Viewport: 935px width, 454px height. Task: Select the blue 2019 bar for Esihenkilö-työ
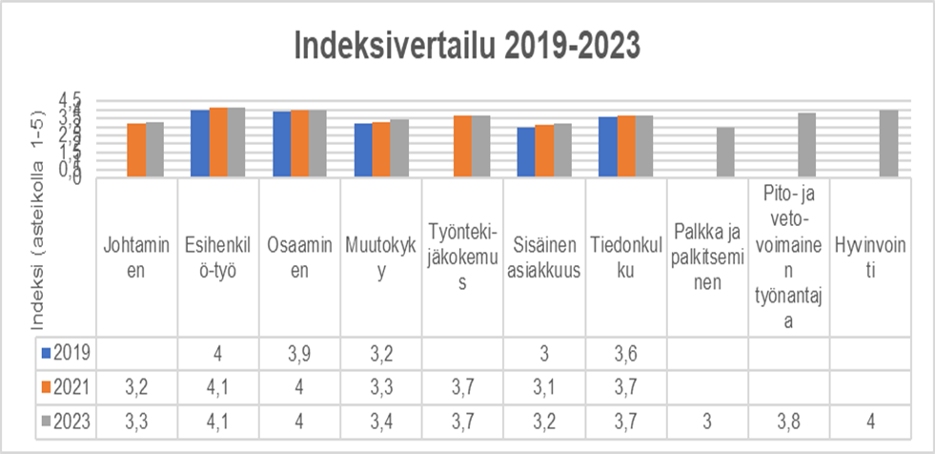tap(200, 143)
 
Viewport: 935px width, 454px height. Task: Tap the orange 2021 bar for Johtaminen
tap(137, 150)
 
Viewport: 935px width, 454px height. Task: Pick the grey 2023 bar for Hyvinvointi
tap(888, 143)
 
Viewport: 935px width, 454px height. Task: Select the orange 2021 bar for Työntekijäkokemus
tap(463, 146)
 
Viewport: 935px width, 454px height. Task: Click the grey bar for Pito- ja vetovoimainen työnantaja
tap(807, 145)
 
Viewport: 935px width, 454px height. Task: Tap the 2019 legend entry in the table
tap(67, 353)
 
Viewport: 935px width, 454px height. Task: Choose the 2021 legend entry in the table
tap(67, 385)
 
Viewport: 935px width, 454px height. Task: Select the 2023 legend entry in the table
tap(67, 419)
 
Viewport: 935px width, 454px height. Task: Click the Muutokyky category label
tap(381, 258)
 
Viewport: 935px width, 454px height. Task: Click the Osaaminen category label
tap(299, 258)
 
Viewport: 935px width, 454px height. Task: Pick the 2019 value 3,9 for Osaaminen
tap(299, 353)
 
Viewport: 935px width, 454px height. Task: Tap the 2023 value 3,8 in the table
tap(788, 419)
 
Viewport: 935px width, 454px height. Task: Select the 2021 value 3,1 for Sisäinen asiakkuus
tap(544, 385)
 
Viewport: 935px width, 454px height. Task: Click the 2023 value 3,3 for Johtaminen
tap(137, 419)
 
